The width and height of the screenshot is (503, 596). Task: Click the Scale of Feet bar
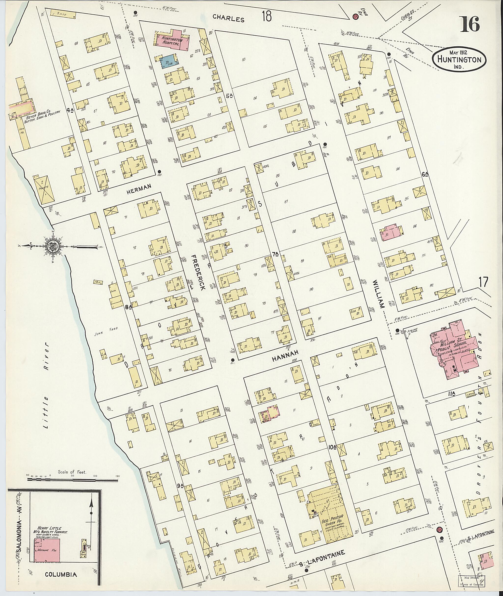point(72,479)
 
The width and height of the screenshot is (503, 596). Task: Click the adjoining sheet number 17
point(484,283)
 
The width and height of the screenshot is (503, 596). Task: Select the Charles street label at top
point(229,19)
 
